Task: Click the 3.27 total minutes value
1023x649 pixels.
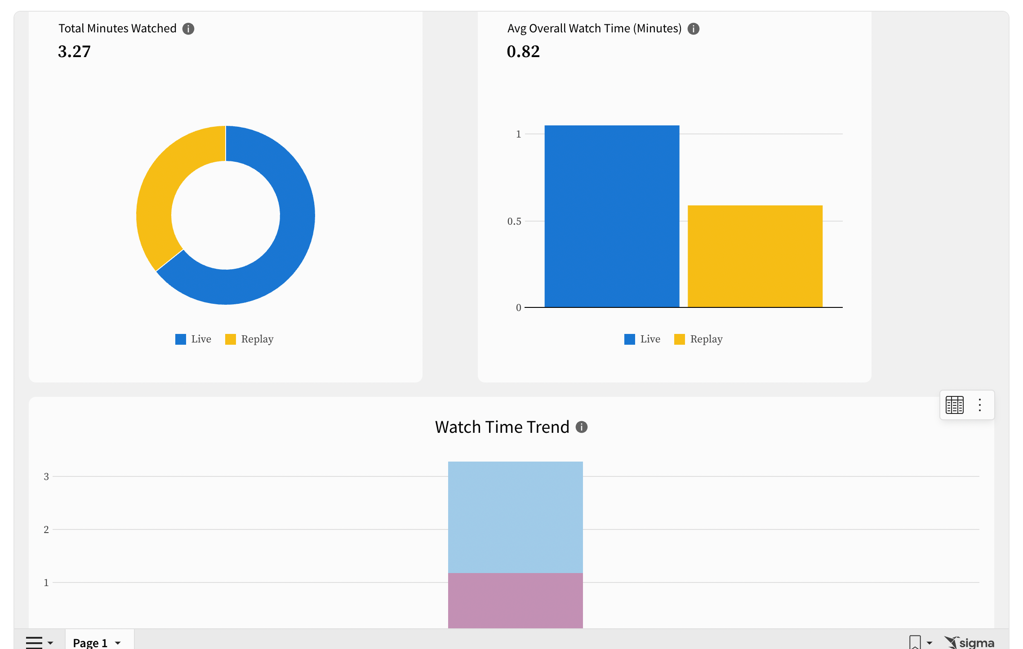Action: click(x=74, y=52)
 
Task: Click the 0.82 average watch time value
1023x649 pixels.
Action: click(x=523, y=52)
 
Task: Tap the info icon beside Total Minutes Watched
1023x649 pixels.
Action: click(x=188, y=29)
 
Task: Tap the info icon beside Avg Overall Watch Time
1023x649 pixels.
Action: click(x=694, y=29)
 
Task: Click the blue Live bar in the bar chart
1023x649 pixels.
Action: click(x=611, y=216)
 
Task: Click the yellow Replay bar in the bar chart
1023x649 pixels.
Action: click(x=755, y=256)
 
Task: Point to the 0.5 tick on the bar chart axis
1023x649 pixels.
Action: click(x=514, y=221)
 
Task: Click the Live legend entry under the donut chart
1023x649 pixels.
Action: click(x=193, y=339)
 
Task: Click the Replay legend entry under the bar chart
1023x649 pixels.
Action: click(x=699, y=339)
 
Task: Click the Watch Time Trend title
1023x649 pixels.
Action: click(x=502, y=427)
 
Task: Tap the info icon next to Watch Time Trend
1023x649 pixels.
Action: click(x=582, y=427)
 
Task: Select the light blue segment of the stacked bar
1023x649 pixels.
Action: click(x=515, y=517)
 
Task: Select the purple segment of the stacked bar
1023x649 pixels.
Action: click(x=515, y=600)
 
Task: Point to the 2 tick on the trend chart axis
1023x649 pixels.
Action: click(x=46, y=529)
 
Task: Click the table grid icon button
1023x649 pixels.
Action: click(x=954, y=405)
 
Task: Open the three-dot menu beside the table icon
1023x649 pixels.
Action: click(x=980, y=405)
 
